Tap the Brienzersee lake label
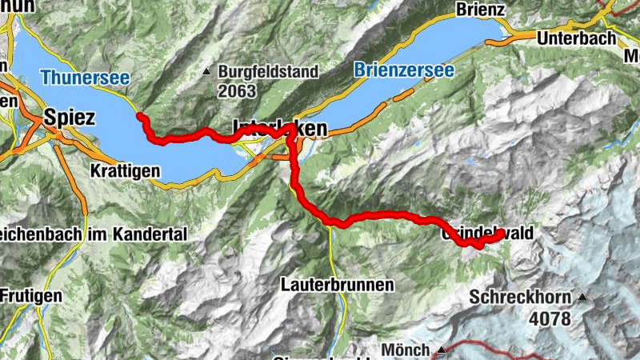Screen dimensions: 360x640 tap(403, 70)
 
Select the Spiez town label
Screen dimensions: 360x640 tap(70, 118)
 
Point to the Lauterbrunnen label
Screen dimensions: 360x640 tap(337, 284)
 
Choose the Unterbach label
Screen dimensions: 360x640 tap(576, 38)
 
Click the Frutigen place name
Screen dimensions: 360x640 tap(30, 295)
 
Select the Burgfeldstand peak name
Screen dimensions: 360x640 tap(268, 71)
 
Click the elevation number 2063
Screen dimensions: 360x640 tap(236, 90)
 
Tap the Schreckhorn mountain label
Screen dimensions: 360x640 tap(520, 298)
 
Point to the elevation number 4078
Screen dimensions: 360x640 tap(550, 318)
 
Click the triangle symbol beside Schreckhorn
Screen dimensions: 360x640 tap(582, 298)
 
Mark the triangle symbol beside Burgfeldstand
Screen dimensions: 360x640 tap(207, 72)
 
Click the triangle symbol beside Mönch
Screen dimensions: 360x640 tap(441, 350)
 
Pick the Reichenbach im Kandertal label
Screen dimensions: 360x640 tap(92, 234)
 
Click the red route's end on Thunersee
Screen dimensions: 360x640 tap(140, 116)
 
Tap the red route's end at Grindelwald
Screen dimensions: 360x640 tap(502, 234)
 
